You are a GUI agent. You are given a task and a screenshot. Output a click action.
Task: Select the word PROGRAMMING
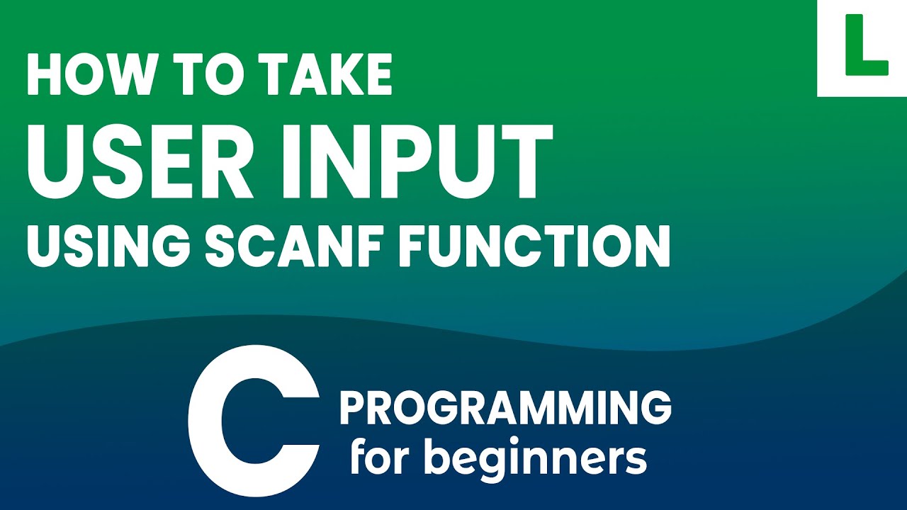pyautogui.click(x=505, y=409)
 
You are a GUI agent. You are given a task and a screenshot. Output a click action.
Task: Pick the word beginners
pyautogui.click(x=535, y=459)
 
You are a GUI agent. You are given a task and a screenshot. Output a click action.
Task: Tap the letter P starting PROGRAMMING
pyautogui.click(x=352, y=409)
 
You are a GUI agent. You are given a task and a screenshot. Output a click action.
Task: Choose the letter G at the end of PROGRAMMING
pyautogui.click(x=655, y=409)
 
